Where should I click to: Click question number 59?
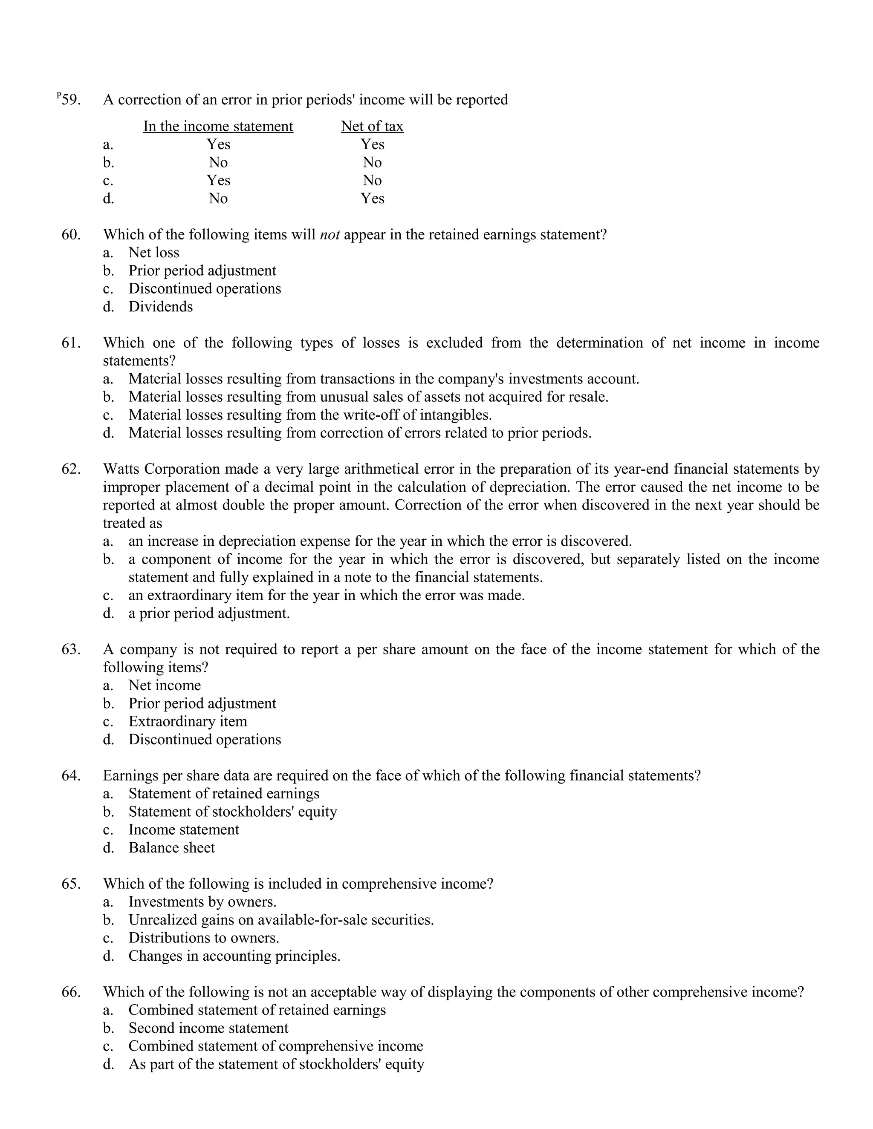pyautogui.click(x=70, y=99)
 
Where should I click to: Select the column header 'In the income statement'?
pyautogui.click(x=218, y=126)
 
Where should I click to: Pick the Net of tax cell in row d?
pyautogui.click(x=373, y=199)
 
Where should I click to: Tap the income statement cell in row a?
pyautogui.click(x=218, y=144)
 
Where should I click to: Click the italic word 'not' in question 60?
pyautogui.click(x=330, y=235)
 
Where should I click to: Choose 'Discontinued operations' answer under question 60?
pyautogui.click(x=204, y=288)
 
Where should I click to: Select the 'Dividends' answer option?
pyautogui.click(x=160, y=307)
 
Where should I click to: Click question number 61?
pyautogui.click(x=71, y=343)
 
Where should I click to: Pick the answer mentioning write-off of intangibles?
pyautogui.click(x=310, y=415)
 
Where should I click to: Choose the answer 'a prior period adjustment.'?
pyautogui.click(x=209, y=613)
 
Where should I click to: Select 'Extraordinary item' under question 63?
pyautogui.click(x=188, y=721)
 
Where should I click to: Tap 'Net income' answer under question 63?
pyautogui.click(x=165, y=685)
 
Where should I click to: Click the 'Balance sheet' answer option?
pyautogui.click(x=171, y=847)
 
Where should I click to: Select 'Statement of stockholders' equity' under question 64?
pyautogui.click(x=232, y=812)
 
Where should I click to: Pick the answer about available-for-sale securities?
pyautogui.click(x=281, y=920)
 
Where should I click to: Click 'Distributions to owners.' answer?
pyautogui.click(x=204, y=938)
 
